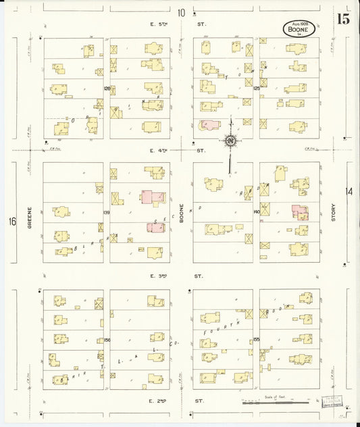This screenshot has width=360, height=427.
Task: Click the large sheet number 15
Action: pos(344,18)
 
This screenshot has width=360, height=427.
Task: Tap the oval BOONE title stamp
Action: pos(299,29)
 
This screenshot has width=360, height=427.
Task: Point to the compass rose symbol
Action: pos(231,141)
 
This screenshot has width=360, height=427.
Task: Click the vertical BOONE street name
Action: pos(181,215)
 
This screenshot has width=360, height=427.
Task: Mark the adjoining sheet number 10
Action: pos(181,12)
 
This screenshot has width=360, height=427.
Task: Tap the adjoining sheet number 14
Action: pos(349,191)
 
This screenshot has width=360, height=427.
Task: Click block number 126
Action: pos(107,89)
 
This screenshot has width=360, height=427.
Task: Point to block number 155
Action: pos(256,339)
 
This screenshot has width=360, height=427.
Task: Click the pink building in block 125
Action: pos(210,125)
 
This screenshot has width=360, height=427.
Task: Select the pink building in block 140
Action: pos(299,212)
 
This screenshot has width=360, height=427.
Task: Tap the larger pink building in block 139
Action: pos(153,198)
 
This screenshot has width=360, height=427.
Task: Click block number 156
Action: pos(107,339)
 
